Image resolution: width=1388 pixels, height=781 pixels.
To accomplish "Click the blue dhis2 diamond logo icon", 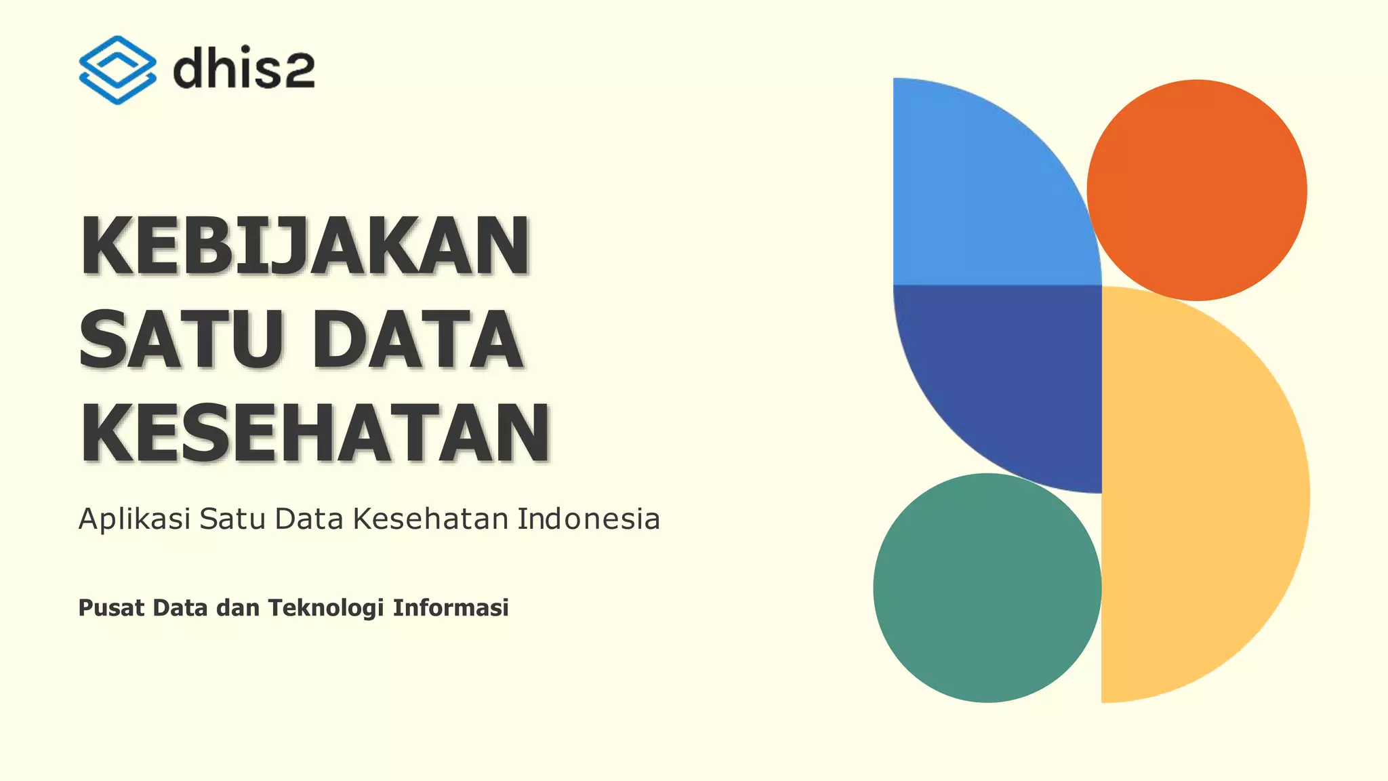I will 117,70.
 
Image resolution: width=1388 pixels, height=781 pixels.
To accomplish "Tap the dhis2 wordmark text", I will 244,70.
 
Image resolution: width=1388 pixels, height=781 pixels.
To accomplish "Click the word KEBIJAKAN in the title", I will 305,245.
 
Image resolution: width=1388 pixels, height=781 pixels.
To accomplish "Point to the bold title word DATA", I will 417,339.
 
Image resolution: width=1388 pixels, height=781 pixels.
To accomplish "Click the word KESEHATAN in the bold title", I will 315,433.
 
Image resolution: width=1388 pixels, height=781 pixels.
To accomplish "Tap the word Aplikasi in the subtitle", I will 134,519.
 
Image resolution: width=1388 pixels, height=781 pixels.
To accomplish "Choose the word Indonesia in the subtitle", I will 588,519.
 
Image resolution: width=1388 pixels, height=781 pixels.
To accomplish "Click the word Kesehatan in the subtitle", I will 430,519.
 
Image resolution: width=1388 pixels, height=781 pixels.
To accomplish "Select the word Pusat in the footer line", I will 111,608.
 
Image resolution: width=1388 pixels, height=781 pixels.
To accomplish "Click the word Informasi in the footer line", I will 451,608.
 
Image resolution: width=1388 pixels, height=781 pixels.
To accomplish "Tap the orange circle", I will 1197,190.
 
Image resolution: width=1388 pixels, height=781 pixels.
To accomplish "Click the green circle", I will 987,588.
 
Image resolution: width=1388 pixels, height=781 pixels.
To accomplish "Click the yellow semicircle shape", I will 1200,495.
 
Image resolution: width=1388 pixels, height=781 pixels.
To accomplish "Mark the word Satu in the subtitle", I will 232,519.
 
